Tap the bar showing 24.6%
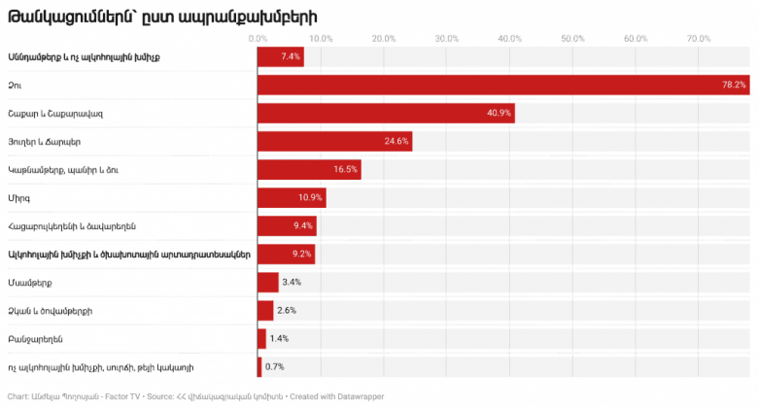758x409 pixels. coord(334,141)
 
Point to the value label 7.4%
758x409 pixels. coord(291,56)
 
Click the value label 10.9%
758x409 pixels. coord(310,197)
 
